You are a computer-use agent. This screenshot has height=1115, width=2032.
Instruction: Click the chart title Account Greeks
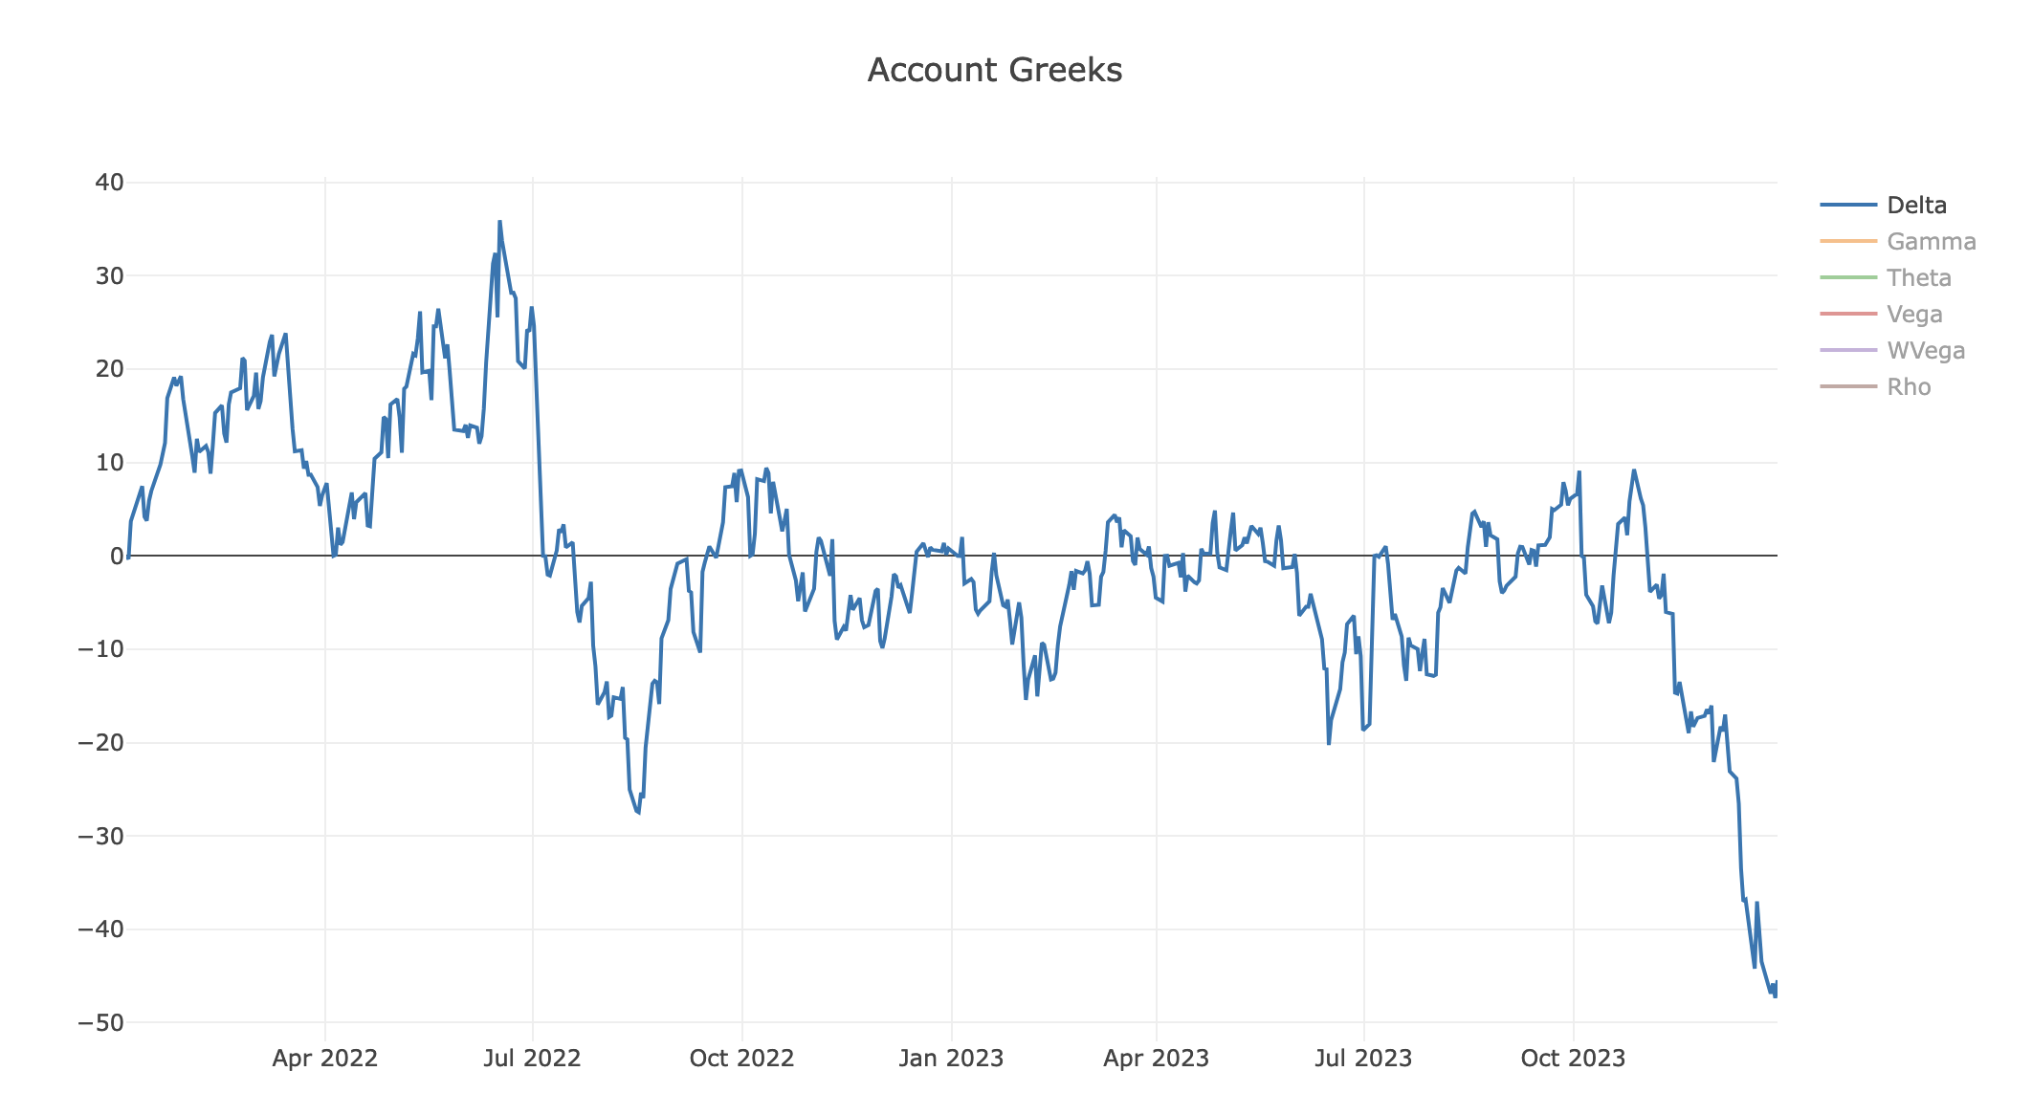click(x=994, y=71)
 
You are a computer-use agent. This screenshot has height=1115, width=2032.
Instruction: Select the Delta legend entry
click(x=1916, y=206)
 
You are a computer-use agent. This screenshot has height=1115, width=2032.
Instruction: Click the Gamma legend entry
click(x=1931, y=242)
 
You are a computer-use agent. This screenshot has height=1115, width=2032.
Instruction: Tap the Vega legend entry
click(x=1914, y=315)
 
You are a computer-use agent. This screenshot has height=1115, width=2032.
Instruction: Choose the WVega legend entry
click(x=1925, y=351)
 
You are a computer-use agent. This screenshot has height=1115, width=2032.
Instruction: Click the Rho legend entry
click(x=1909, y=387)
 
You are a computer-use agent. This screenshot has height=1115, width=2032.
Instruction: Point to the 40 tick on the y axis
click(x=107, y=183)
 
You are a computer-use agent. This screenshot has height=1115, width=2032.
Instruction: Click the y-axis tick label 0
click(x=117, y=556)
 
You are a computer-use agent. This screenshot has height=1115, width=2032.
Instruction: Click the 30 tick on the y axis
click(x=107, y=276)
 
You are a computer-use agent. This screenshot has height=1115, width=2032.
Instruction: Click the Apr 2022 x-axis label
click(x=325, y=1059)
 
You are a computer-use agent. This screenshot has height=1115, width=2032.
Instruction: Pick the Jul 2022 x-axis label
click(x=533, y=1059)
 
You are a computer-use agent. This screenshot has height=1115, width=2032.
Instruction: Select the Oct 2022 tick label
click(x=741, y=1059)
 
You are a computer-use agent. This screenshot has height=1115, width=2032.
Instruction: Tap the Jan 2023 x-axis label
click(x=951, y=1059)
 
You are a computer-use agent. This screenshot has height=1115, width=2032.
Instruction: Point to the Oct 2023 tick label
click(x=1573, y=1059)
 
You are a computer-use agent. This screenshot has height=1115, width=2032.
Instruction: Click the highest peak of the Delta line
click(x=499, y=222)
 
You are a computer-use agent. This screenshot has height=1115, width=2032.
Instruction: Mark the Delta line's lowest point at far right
click(x=1775, y=996)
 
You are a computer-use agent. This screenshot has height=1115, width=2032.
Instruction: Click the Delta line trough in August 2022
click(x=639, y=813)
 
